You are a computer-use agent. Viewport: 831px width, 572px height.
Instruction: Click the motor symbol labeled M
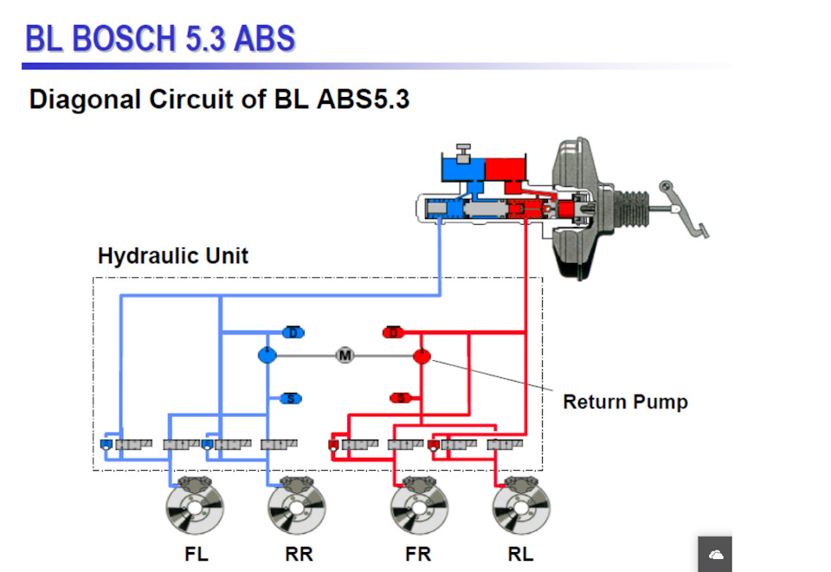(x=345, y=356)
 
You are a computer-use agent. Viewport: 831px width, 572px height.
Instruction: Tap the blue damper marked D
(x=293, y=333)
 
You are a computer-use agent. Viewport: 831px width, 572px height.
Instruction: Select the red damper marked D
(x=393, y=333)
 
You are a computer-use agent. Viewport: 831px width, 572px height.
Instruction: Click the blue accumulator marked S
(x=292, y=399)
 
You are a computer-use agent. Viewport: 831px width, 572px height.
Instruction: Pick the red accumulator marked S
(x=400, y=398)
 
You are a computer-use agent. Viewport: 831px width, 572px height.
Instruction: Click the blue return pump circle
(x=267, y=355)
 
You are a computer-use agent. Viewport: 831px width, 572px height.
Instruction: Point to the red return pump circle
(x=422, y=355)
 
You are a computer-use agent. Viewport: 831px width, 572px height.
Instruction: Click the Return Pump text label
(x=625, y=402)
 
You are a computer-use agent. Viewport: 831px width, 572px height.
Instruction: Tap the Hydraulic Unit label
(x=173, y=256)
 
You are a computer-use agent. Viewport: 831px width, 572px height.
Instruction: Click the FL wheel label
(x=196, y=555)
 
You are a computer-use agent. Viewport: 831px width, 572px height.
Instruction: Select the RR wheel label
(x=299, y=555)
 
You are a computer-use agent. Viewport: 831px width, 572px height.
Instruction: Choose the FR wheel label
(x=418, y=555)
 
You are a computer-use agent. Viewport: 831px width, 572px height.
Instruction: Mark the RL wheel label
(x=521, y=555)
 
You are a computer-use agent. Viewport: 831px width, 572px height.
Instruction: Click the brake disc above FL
(x=196, y=509)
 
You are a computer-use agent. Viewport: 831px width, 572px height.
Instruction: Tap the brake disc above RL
(x=521, y=509)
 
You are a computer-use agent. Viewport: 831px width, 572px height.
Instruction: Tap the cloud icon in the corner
(x=715, y=555)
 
